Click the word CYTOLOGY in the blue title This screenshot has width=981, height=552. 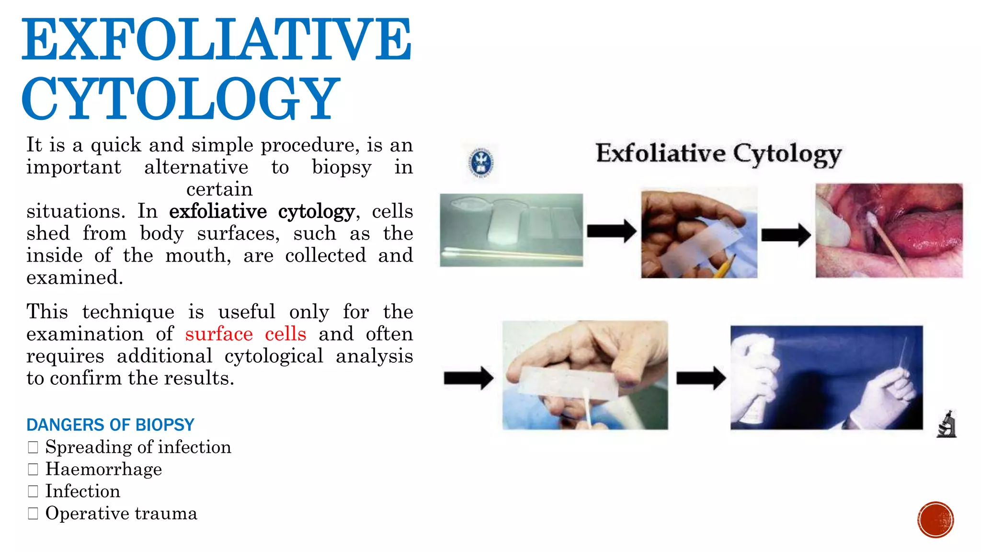pos(181,99)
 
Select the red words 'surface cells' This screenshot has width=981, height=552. pos(245,334)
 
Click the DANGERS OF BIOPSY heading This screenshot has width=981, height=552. pos(110,425)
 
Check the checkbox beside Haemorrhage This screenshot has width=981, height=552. pos(33,469)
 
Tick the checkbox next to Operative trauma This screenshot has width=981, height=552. pos(33,514)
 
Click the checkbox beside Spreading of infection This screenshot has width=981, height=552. pos(33,447)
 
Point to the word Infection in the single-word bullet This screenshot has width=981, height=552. pos(82,491)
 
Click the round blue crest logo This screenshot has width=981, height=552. pos(480,163)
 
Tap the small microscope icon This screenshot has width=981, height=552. pos(947,424)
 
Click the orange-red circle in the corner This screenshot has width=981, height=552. pos(935,519)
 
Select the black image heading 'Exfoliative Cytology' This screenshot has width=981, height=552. pos(719,154)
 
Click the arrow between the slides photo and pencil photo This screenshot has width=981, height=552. pos(611,231)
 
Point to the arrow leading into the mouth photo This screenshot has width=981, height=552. pos(786,235)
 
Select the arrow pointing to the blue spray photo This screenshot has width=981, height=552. pos(700,378)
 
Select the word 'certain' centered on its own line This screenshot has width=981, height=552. pos(219,189)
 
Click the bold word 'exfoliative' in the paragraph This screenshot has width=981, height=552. pos(218,211)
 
